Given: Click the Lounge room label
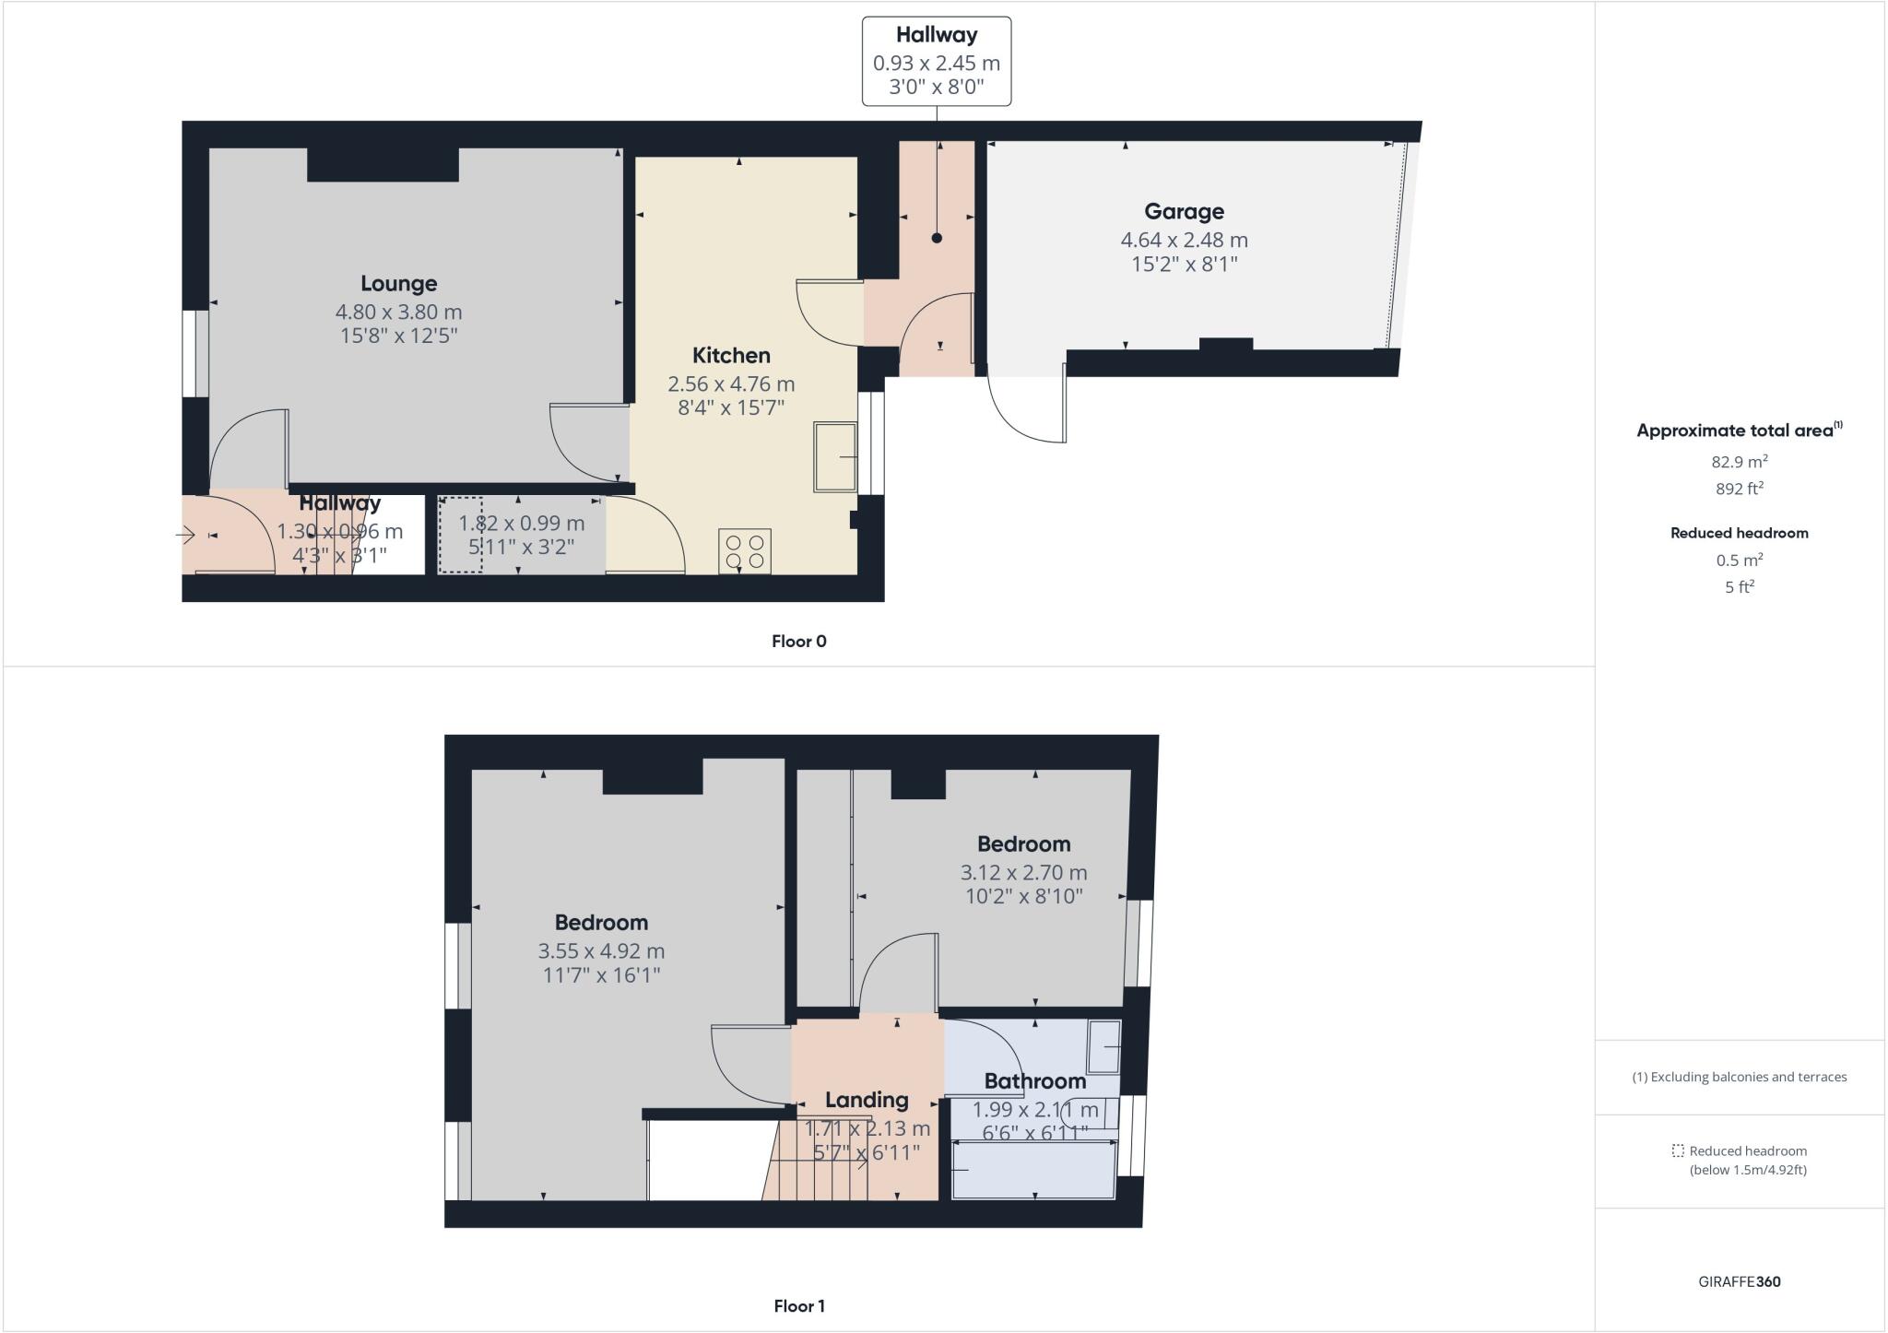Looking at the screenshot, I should (398, 284).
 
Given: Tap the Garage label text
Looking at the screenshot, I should (1184, 212).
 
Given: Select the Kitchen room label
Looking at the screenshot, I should (731, 356).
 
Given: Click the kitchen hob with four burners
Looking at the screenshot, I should (745, 551).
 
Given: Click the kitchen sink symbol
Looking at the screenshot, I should (835, 457).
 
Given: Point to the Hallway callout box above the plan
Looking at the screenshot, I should (936, 61).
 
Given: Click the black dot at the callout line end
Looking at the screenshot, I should (937, 238).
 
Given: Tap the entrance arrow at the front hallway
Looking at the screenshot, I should (185, 535).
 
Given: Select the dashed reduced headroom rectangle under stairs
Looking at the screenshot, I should (460, 536).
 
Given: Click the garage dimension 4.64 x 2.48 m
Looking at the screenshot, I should (1184, 241).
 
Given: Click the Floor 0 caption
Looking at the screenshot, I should (798, 642).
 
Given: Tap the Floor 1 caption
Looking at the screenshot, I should (798, 1306).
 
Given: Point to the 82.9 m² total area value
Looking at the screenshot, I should (1739, 462).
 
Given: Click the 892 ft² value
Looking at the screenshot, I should (1739, 490).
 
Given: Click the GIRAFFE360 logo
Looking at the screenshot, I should (1739, 1282).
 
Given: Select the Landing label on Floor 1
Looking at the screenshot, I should (866, 1100).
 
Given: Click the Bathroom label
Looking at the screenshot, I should (1034, 1081).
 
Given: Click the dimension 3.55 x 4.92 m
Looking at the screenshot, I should (601, 951).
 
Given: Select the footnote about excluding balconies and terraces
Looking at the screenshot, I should (1739, 1077).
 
